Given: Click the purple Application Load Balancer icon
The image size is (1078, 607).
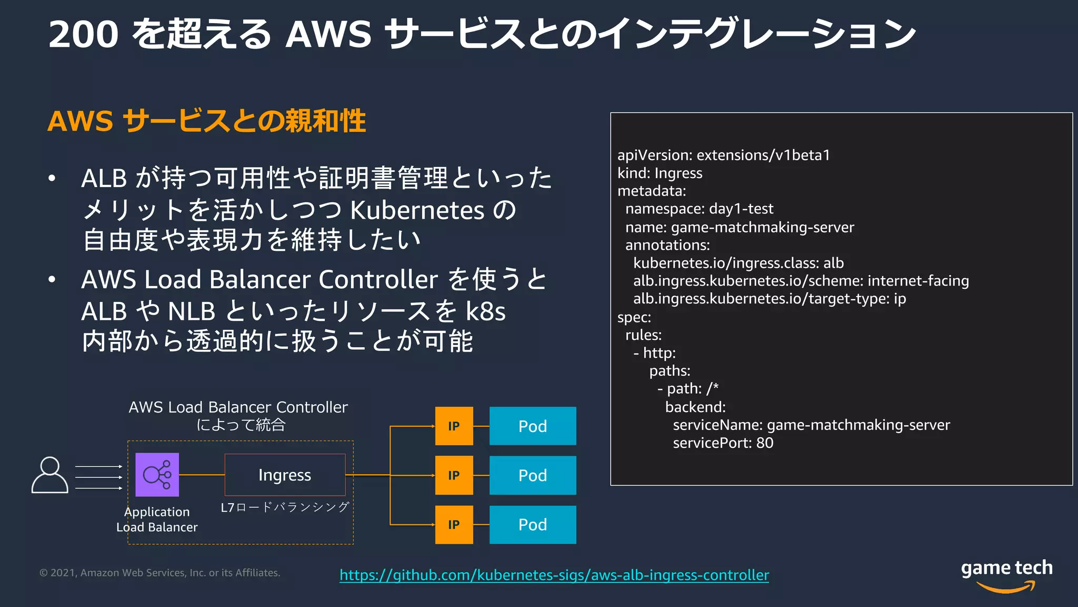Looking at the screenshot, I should coord(157,474).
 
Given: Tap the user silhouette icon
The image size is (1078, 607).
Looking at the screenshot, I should coord(49,475).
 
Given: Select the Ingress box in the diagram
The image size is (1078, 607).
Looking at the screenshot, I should coord(285,475).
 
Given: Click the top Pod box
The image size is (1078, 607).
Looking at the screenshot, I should coord(532,426).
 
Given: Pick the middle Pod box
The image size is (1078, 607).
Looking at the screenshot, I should coord(532,475).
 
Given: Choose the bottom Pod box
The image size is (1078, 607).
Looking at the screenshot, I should coord(532,524).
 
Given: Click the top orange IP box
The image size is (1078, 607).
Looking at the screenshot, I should coord(454,426).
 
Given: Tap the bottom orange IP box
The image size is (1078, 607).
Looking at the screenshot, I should coord(454,524).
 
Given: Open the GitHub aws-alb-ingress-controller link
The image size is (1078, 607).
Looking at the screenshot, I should coord(554,574).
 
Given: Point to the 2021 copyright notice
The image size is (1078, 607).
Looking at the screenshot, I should coord(159,573).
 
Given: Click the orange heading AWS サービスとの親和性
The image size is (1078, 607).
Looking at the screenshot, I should coord(206,121).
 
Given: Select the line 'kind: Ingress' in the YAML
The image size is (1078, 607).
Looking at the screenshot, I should coord(660,173).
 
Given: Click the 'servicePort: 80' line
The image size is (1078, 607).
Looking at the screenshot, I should coord(723,443).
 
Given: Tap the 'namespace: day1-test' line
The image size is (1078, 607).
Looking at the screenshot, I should coord(699,209).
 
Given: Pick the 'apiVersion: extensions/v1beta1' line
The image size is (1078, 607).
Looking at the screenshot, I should coord(723,155).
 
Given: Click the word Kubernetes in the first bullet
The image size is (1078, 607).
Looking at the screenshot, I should coord(417,210).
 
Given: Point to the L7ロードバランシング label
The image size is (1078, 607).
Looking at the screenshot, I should coord(285,507).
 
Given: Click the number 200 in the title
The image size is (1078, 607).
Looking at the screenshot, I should coord(83,34).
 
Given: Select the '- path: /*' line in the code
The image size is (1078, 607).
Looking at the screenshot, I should coord(687,389).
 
